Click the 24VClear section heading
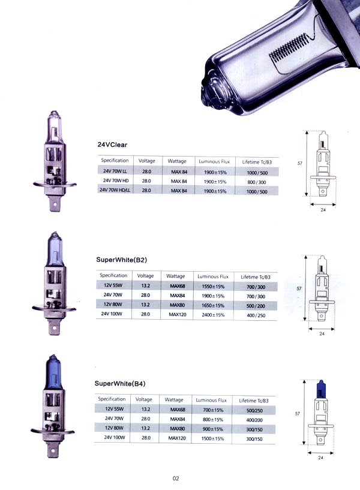(112, 145)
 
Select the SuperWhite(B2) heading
(121, 260)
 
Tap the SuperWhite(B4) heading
(120, 383)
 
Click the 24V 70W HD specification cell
(116, 181)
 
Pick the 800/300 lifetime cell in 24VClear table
(257, 182)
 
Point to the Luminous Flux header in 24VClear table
(214, 161)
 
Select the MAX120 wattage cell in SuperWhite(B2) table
(178, 314)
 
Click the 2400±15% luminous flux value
(213, 315)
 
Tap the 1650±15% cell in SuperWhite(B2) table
(213, 306)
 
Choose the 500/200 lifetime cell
(256, 306)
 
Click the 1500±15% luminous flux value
(212, 439)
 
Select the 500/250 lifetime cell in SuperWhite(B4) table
(254, 411)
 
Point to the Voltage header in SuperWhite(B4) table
(144, 399)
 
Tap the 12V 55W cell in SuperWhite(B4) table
(115, 409)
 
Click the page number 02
(176, 478)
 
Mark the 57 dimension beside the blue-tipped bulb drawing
(298, 413)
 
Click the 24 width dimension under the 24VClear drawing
(323, 210)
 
